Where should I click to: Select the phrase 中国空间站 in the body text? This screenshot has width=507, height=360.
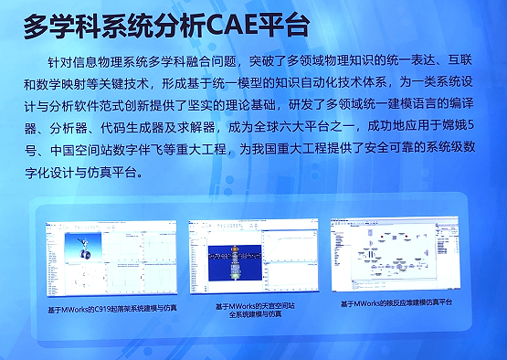[x=92, y=152]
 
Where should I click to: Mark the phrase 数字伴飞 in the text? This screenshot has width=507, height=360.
[x=157, y=152]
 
